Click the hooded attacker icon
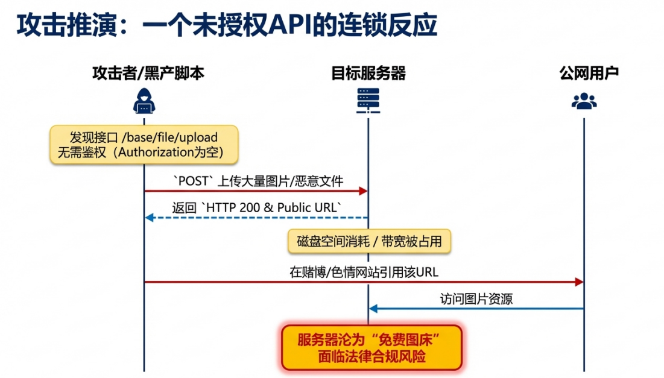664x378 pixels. [144, 101]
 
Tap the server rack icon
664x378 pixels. [368, 100]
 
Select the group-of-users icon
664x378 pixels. [584, 101]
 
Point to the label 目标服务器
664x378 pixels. [368, 74]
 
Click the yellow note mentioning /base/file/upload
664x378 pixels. [143, 145]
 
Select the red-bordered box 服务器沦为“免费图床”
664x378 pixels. [371, 348]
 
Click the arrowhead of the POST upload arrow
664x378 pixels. [364, 191]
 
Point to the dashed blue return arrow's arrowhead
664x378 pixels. [149, 217]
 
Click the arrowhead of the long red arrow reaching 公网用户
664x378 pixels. [580, 282]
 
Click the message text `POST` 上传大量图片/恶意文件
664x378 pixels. [258, 181]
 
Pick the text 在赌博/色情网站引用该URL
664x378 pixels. [364, 272]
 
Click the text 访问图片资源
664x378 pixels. [476, 299]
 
